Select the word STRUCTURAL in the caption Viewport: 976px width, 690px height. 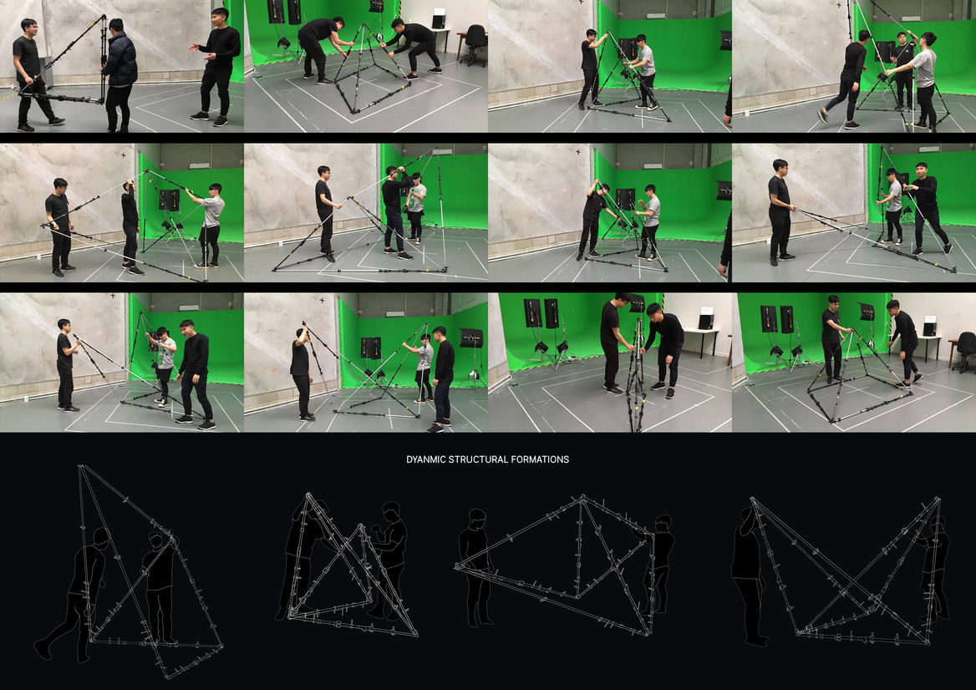pos(477,459)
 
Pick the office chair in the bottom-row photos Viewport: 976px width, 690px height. pos(963,352)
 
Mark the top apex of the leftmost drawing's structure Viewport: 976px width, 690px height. pos(80,467)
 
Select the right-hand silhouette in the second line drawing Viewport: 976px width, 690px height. pos(390,560)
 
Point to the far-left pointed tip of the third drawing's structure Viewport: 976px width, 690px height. pos(456,566)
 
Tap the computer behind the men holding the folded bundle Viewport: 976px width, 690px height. pos(706,318)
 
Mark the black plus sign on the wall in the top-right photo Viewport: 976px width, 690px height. pos(838,6)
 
